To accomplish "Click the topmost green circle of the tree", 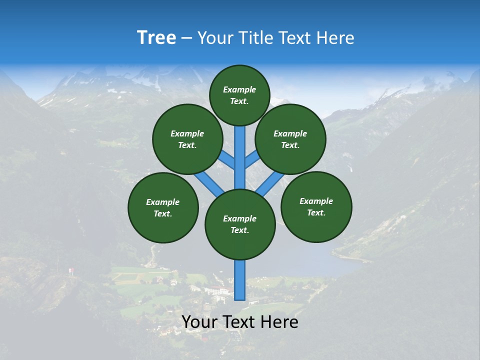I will point(239,95).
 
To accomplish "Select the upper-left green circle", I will point(187,139).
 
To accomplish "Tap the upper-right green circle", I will point(290,139).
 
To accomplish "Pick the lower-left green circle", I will point(163,207).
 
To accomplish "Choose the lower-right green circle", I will point(316,206).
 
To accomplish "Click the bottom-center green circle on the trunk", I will point(240,224).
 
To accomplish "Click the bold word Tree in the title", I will point(156,37).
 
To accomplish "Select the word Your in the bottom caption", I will point(199,322).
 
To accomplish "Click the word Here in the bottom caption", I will point(279,322).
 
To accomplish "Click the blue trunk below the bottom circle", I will point(240,280).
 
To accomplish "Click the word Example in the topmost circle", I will point(239,89).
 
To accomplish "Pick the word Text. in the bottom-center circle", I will point(239,230).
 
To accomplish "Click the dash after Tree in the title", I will point(186,38).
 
